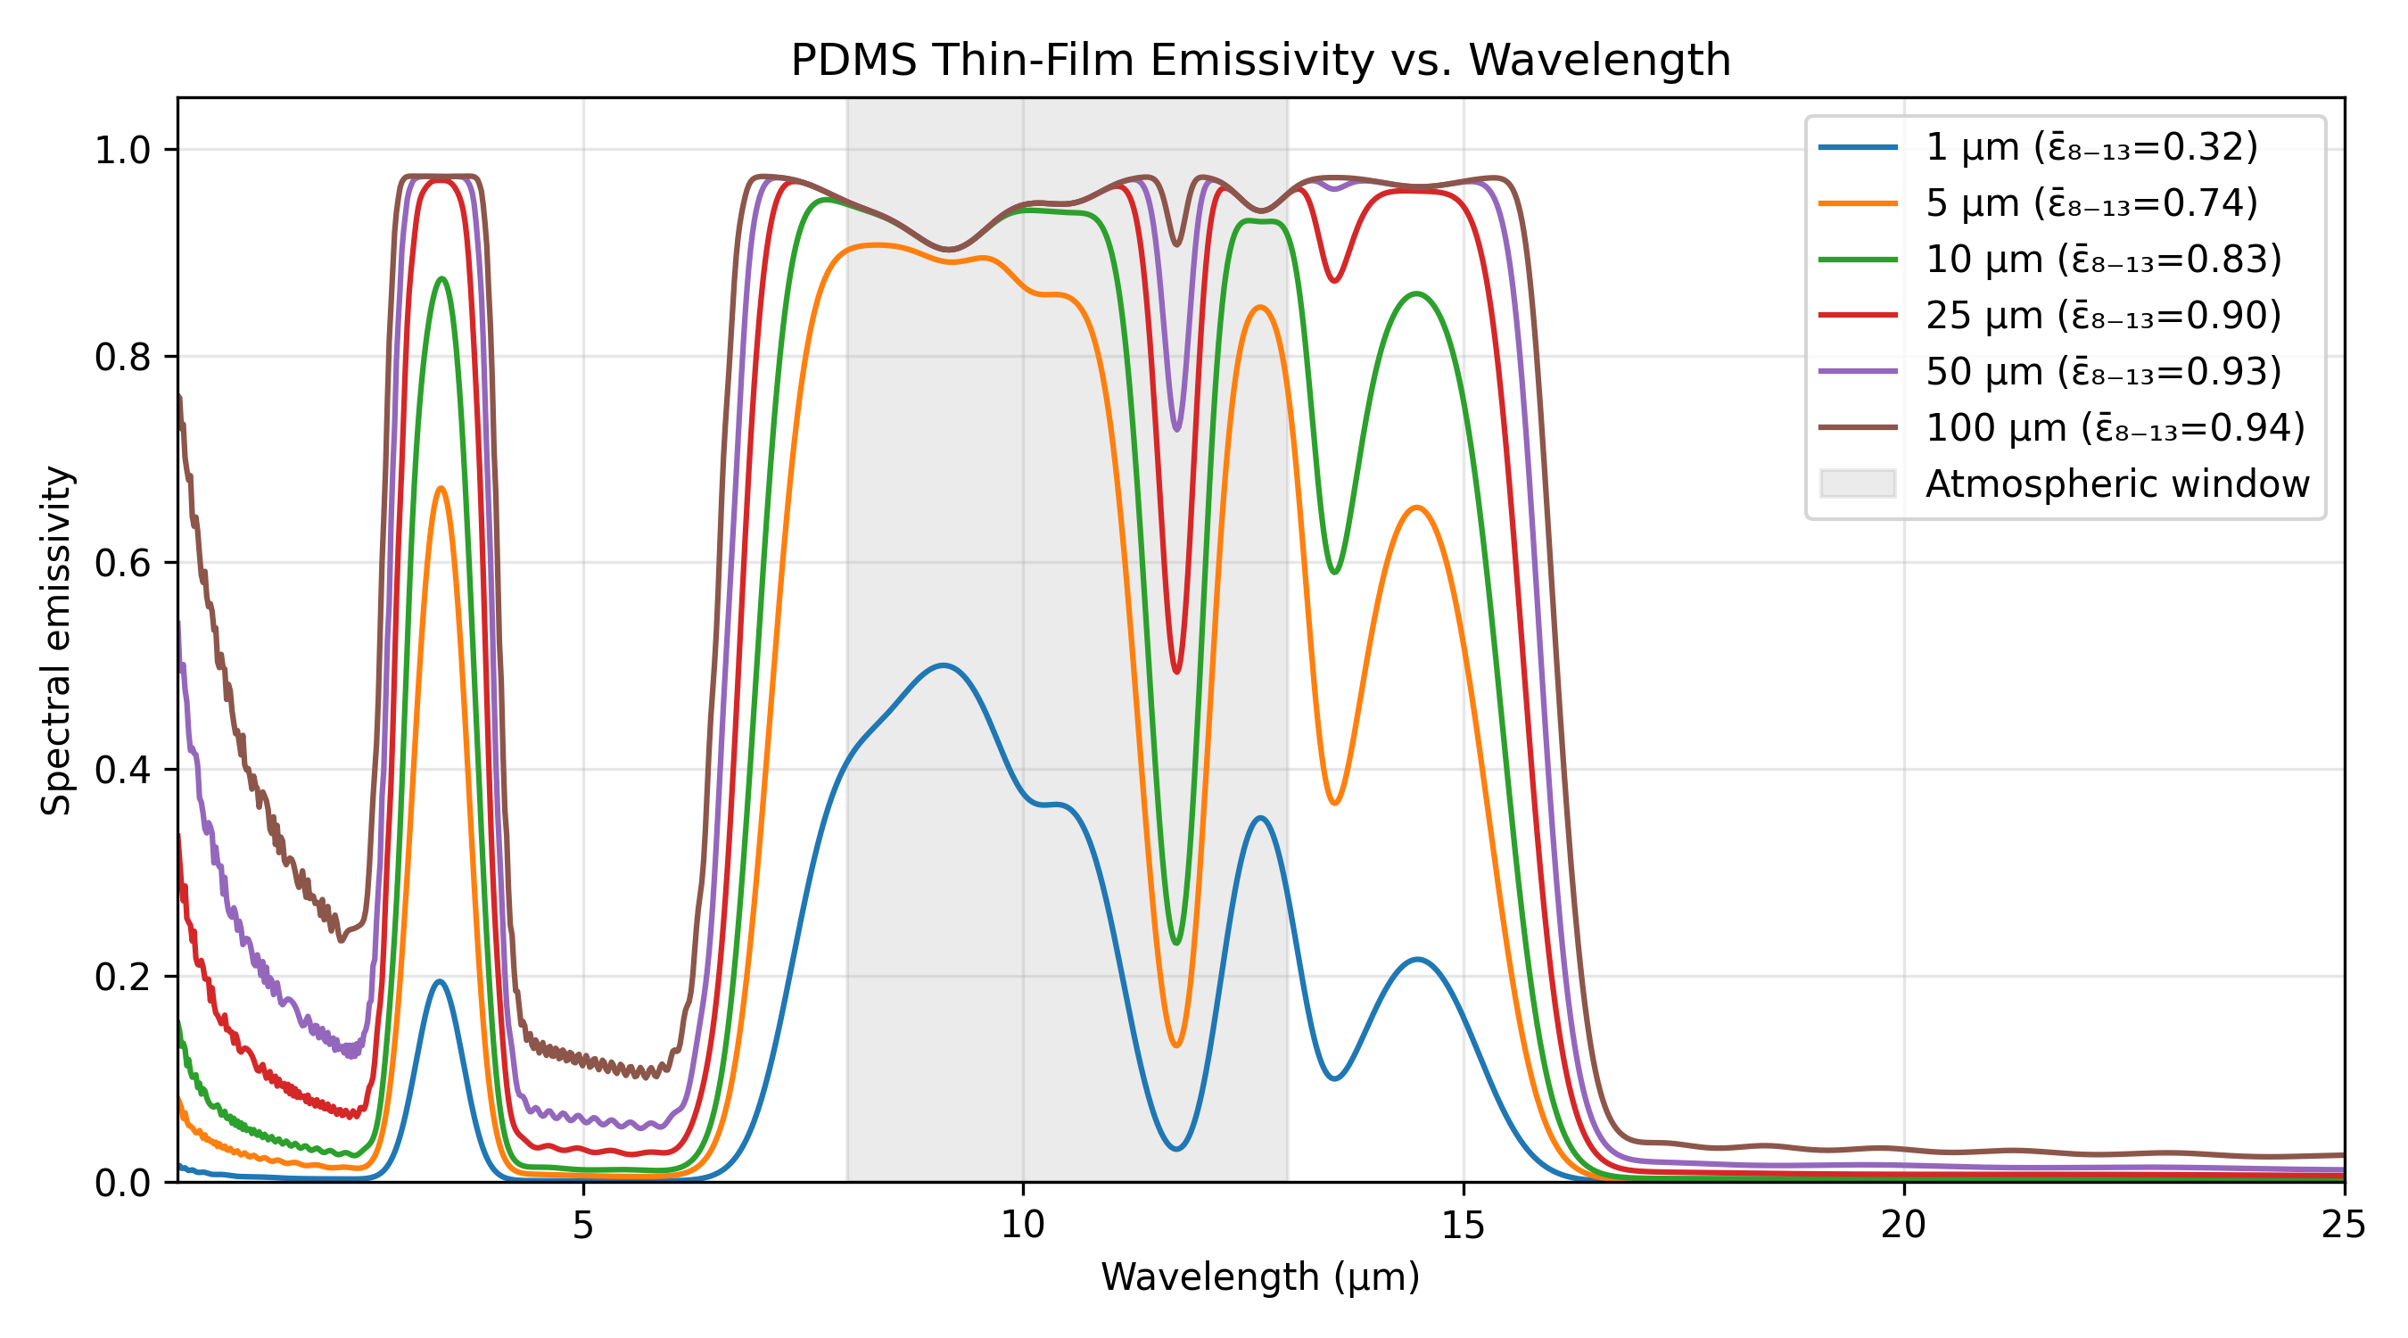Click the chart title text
pos(1260,60)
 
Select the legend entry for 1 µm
pos(2091,147)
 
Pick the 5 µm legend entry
pos(2091,202)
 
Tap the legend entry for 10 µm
pos(2102,259)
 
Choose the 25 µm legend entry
pos(2102,315)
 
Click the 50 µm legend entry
pos(2102,371)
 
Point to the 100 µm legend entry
pos(2115,427)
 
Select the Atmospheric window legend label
pos(2116,483)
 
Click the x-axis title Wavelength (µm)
pos(1260,1276)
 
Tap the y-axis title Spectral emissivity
pos(56,640)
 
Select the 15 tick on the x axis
pos(1463,1224)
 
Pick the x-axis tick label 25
pos(2344,1224)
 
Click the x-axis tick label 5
pos(583,1224)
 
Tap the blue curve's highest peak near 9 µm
pos(944,665)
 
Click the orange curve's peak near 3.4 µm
pos(441,488)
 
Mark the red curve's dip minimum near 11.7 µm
pos(1176,672)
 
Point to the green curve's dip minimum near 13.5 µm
pos(1335,571)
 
